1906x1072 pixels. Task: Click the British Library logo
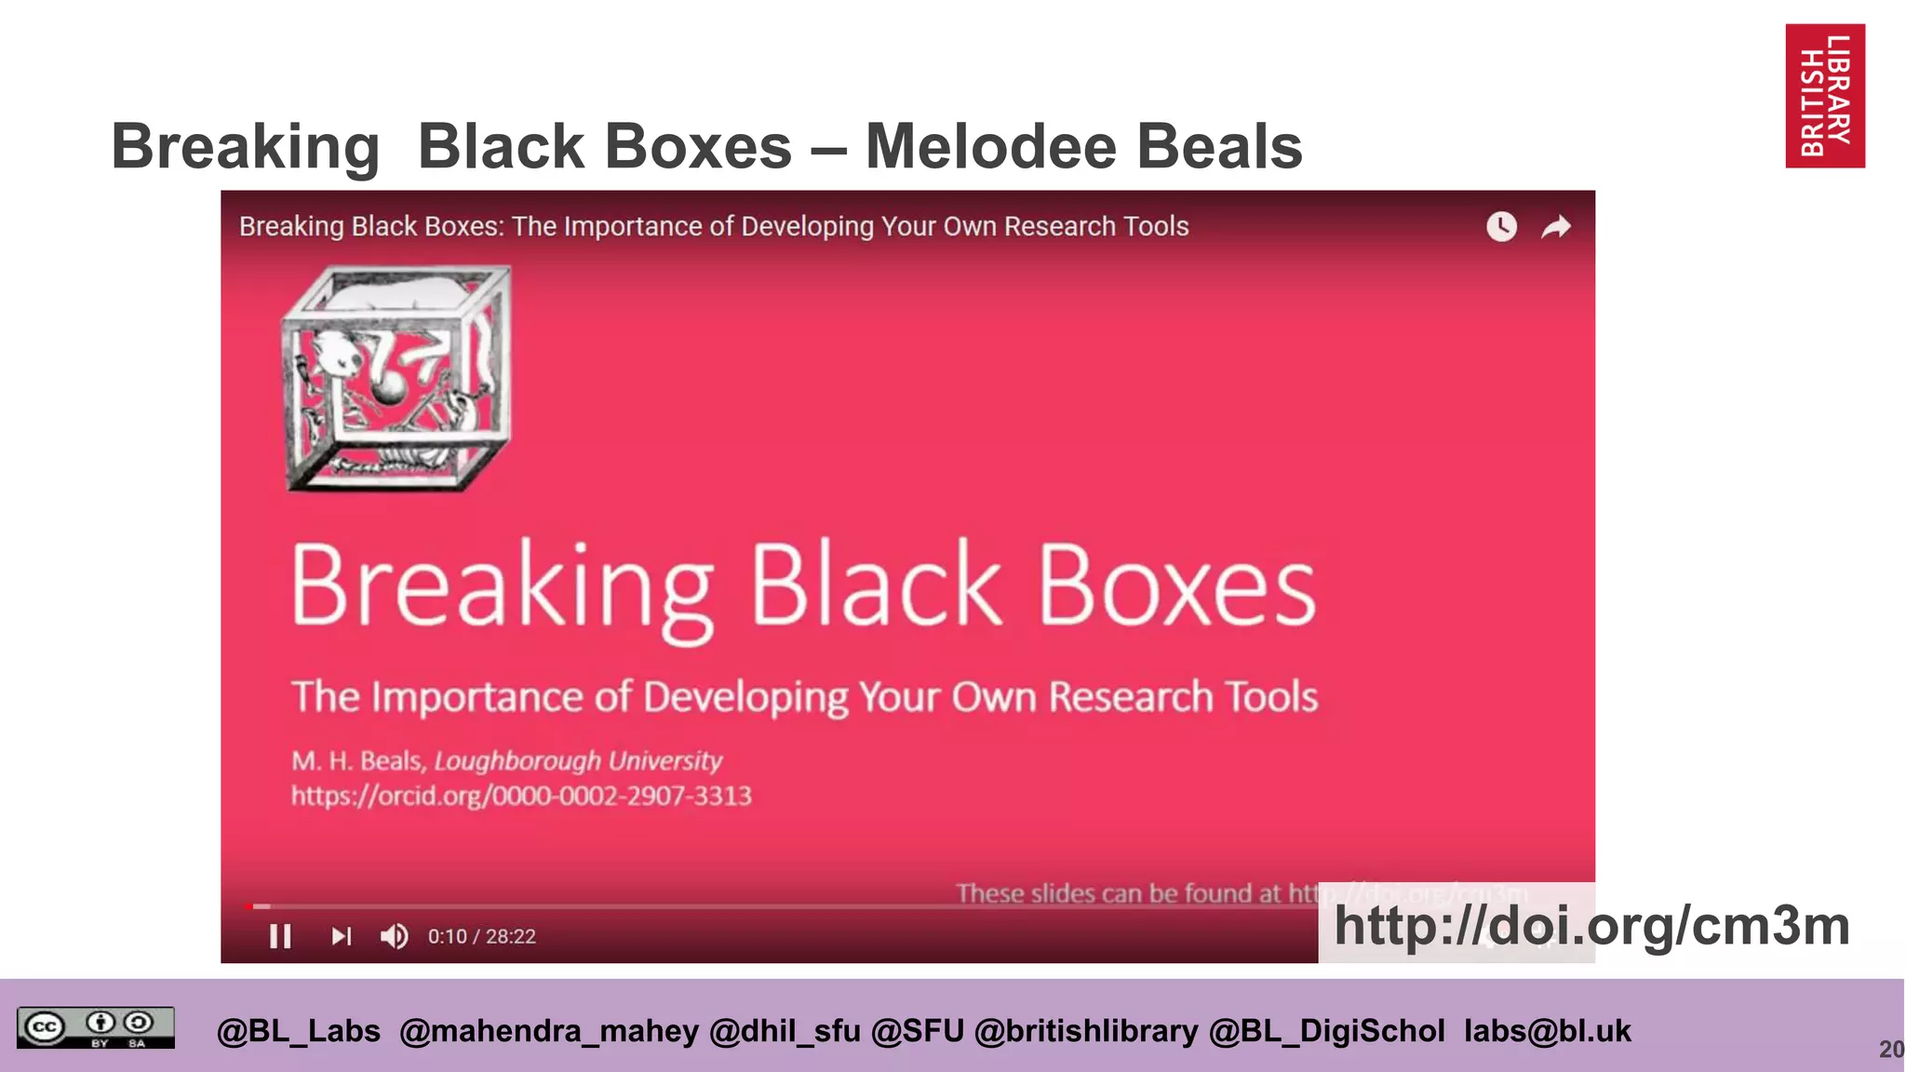tap(1824, 96)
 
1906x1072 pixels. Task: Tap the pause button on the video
tap(280, 936)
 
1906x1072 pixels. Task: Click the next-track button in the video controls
tap(342, 936)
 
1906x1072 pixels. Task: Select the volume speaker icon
tap(395, 936)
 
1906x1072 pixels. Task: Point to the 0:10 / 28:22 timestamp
tap(481, 936)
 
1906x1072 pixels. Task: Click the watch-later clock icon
tap(1501, 226)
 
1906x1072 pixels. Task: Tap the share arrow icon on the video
tap(1556, 226)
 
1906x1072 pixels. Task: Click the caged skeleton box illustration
tap(396, 378)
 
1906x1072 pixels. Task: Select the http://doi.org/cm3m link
tap(1591, 926)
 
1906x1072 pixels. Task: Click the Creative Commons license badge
tap(95, 1028)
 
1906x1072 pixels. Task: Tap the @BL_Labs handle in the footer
tap(298, 1031)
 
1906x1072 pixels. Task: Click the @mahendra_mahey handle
tap(548, 1031)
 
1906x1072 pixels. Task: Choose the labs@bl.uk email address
tap(1547, 1031)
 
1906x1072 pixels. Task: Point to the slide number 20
tap(1891, 1050)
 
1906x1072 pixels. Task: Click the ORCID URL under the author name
tap(521, 796)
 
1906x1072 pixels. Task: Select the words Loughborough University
tap(578, 761)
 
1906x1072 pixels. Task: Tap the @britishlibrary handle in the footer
tap(1086, 1031)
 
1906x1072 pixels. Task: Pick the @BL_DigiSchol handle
tap(1326, 1031)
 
